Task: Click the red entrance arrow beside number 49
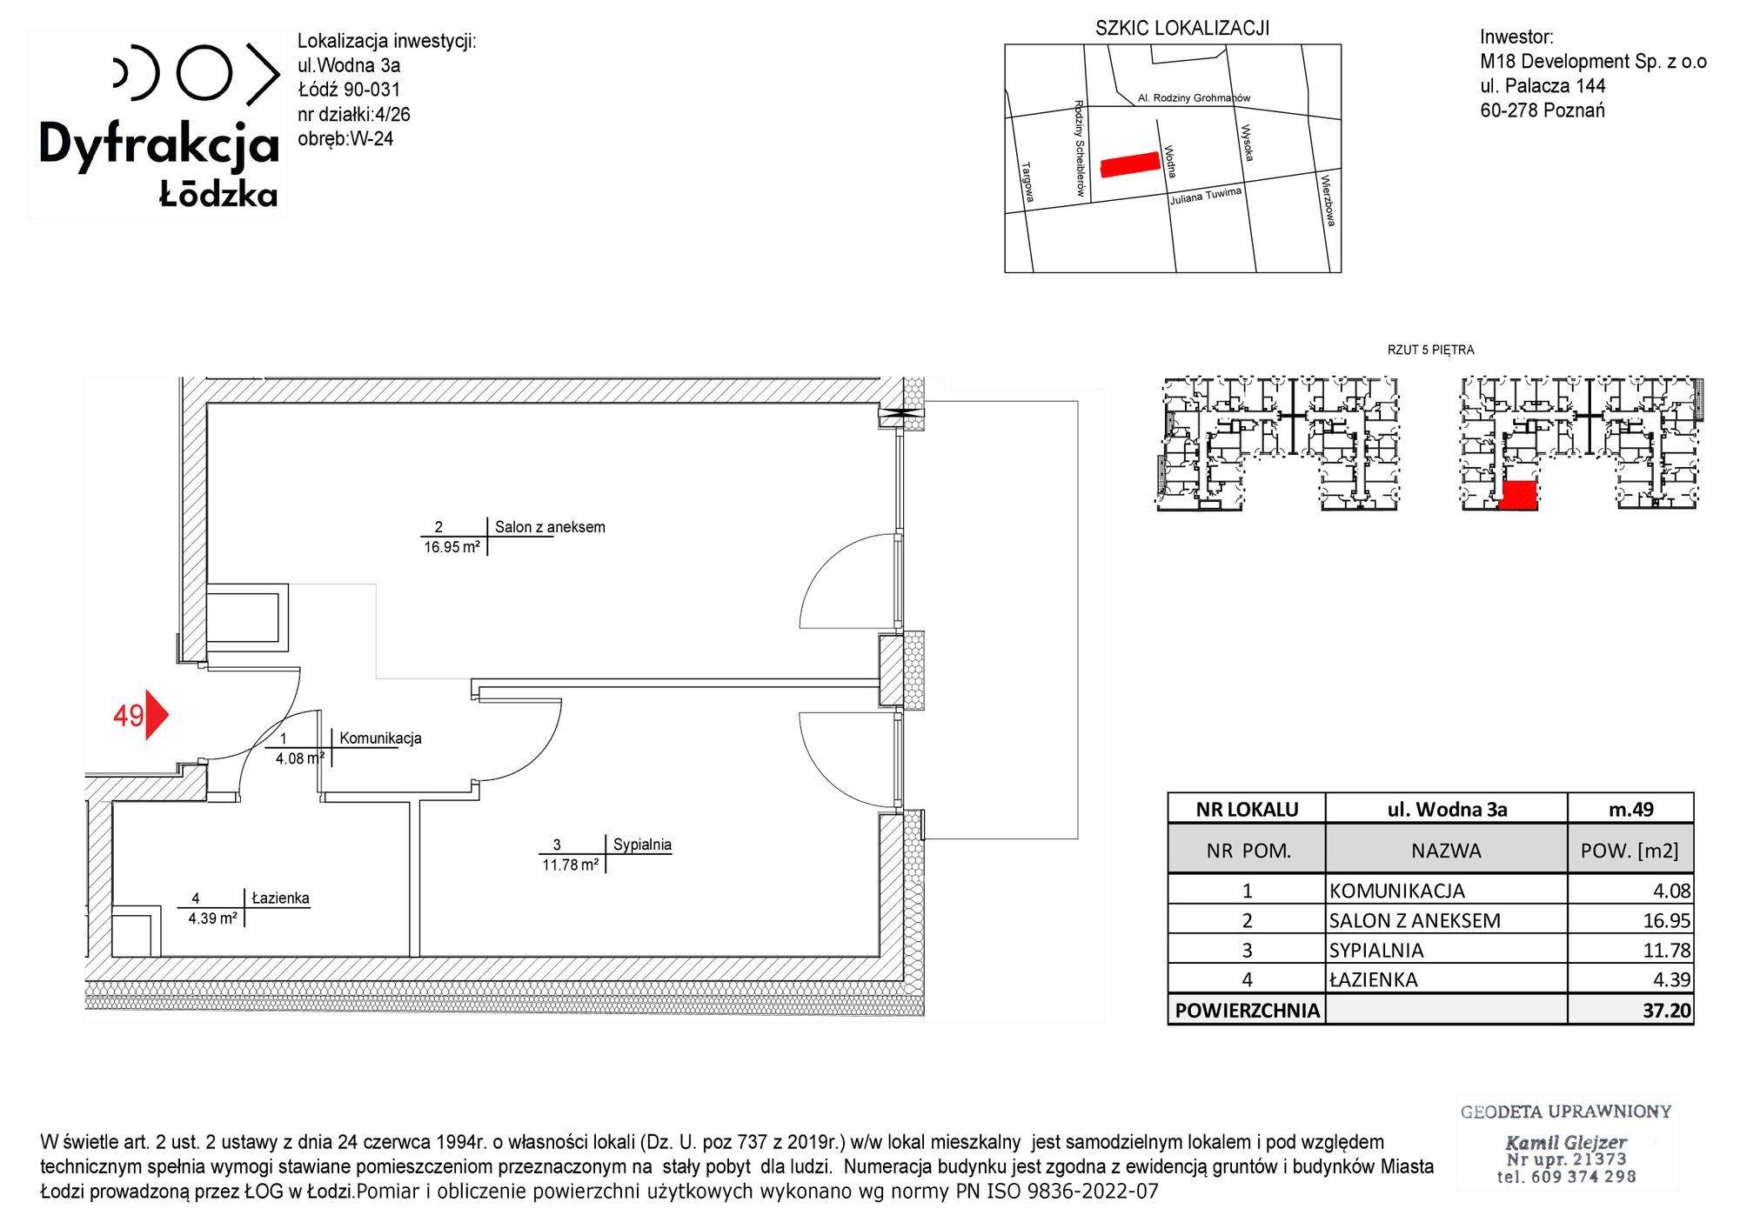point(156,715)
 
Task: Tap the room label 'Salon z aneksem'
point(550,527)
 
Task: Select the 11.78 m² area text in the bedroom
point(571,865)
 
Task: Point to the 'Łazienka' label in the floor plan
point(280,898)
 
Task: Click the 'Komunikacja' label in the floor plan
point(380,738)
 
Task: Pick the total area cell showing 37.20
point(1666,1011)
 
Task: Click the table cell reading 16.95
point(1667,920)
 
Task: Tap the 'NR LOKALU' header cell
point(1247,810)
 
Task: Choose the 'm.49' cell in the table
point(1631,810)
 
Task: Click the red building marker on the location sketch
point(1130,164)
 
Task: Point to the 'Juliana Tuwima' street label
point(1206,196)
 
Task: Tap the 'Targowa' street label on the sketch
point(1027,182)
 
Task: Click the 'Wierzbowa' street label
point(1328,201)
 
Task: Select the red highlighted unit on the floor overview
point(1519,495)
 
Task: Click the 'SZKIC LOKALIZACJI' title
point(1182,29)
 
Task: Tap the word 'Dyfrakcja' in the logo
point(159,145)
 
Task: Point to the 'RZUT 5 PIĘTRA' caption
point(1431,350)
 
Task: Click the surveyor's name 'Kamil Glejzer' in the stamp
point(1566,1143)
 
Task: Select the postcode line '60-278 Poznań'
point(1543,110)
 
